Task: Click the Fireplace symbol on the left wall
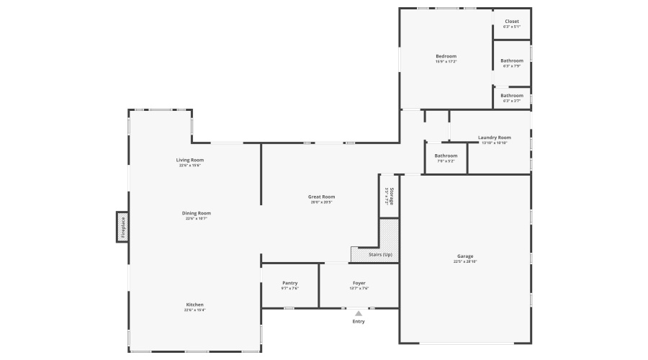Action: [x=122, y=227]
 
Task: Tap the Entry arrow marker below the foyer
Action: [x=359, y=313]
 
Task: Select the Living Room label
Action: [x=190, y=160]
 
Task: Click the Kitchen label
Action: [x=194, y=305]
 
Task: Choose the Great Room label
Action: [x=321, y=197]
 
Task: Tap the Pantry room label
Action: [x=289, y=283]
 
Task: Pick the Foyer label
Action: [x=359, y=283]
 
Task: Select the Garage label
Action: [x=465, y=256]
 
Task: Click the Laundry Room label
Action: [x=494, y=138]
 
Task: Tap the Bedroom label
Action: [x=446, y=56]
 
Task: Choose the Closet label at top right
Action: [x=511, y=22]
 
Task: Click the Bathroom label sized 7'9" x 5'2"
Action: [x=446, y=156]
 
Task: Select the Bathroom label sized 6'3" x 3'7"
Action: [x=512, y=96]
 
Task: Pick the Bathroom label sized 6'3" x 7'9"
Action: [x=512, y=60]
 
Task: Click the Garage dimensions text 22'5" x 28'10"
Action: [x=465, y=261]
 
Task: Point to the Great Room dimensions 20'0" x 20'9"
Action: [x=321, y=202]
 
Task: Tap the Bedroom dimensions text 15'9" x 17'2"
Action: [x=446, y=62]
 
